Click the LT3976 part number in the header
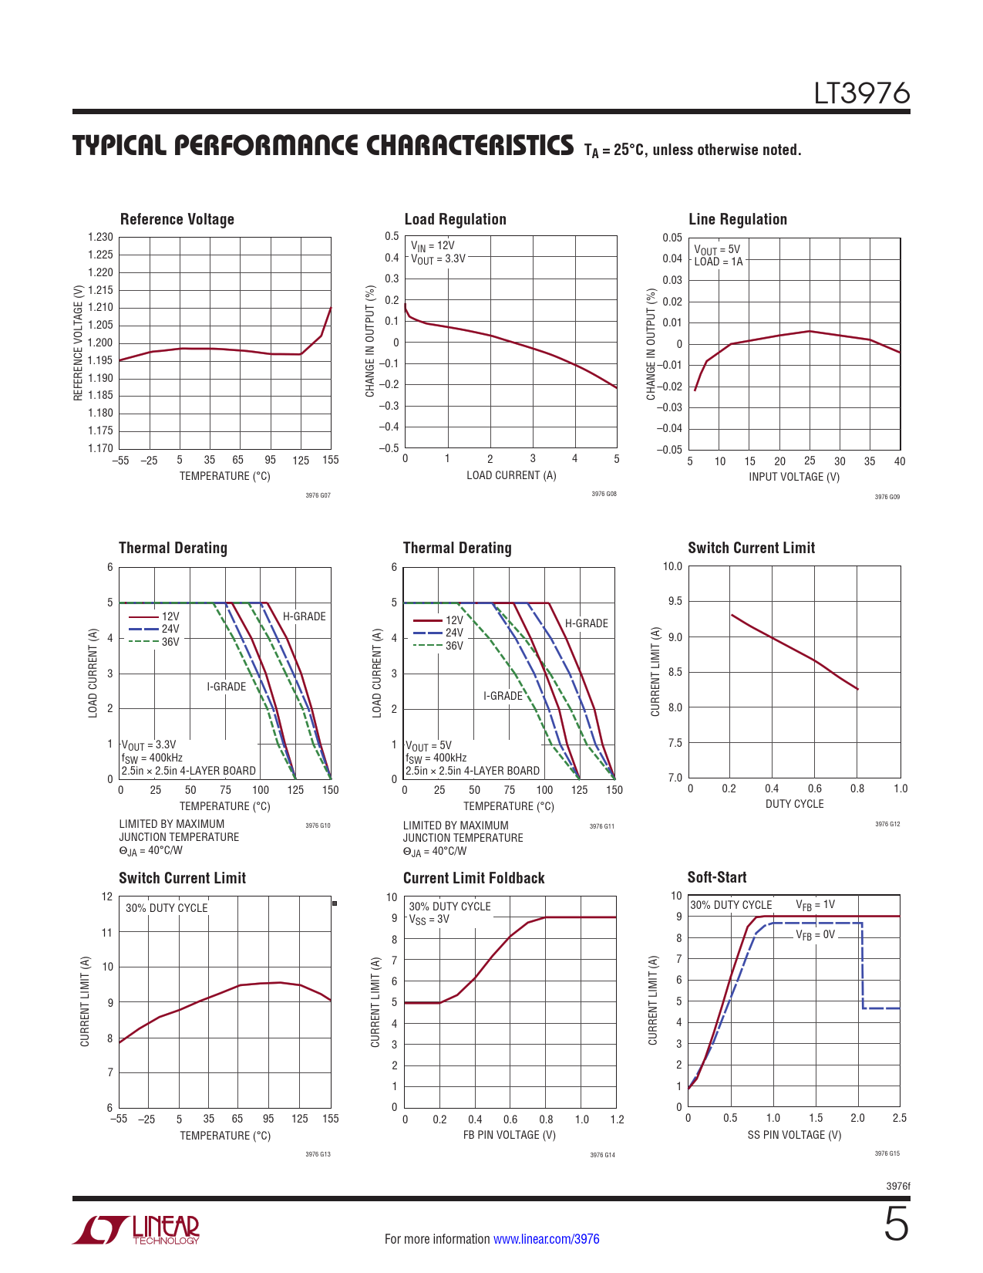pos(862,93)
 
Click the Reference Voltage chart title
pos(177,220)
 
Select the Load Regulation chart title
pos(455,220)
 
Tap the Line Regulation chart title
pos(737,220)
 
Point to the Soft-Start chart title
pos(716,877)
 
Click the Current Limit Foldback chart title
pos(473,878)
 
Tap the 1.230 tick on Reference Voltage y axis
pos(100,238)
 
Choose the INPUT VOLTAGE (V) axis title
pos(794,477)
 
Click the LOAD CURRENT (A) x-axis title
pos(511,475)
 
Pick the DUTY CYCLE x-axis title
pos(794,804)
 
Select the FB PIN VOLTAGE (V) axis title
pos(509,1135)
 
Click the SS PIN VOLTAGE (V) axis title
pos(794,1135)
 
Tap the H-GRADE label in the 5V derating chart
pos(586,623)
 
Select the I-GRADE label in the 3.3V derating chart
pos(226,687)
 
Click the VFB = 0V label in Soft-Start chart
pos(815,935)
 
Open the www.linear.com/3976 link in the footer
pos(546,1239)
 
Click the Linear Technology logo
pos(136,1231)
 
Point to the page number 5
pos(895,1225)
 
